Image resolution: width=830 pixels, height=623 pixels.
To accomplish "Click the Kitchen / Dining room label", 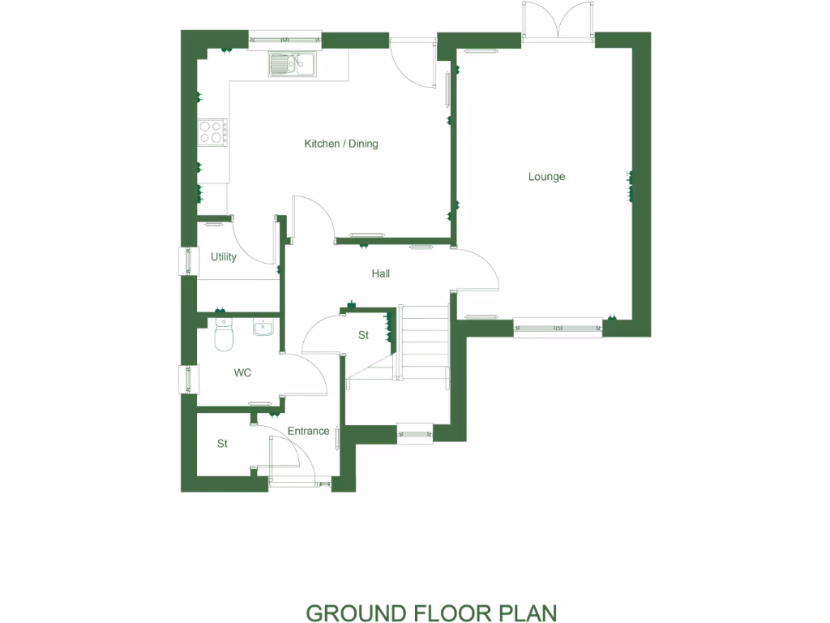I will (x=340, y=144).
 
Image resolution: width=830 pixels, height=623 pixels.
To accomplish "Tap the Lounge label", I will (x=546, y=177).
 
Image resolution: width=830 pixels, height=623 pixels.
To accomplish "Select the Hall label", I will (x=380, y=274).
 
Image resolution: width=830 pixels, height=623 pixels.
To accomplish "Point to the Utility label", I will (x=224, y=257).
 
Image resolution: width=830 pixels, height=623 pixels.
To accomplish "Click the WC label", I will (x=242, y=373).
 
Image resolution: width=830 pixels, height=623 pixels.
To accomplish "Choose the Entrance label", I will (x=308, y=431).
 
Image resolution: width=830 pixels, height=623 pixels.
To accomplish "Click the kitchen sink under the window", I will (x=293, y=64).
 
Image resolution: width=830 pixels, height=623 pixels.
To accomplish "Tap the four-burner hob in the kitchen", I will (x=212, y=131).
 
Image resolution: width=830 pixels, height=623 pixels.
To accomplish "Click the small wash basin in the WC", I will (x=263, y=328).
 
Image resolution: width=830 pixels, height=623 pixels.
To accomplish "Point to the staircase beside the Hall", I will (x=424, y=341).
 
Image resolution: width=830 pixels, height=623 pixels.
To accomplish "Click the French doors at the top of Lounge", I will (x=558, y=19).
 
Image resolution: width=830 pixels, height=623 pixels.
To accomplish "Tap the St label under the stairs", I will (x=363, y=335).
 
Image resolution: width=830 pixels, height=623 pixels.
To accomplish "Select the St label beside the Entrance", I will (x=222, y=444).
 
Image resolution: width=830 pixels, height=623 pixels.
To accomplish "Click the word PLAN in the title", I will (x=527, y=612).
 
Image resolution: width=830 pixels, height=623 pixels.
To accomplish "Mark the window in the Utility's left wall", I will (x=188, y=260).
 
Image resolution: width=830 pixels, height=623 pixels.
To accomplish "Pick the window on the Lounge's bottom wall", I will (x=558, y=328).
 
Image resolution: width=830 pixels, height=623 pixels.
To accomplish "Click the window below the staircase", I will (x=415, y=435).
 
